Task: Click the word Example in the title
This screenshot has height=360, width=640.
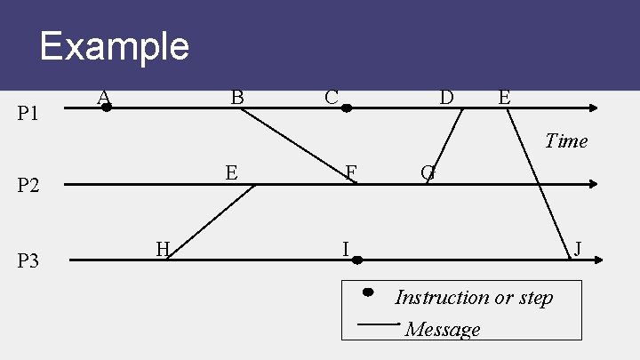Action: [x=114, y=45]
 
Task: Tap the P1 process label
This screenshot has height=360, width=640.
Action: [x=29, y=114]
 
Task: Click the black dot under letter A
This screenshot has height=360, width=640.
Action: [x=107, y=108]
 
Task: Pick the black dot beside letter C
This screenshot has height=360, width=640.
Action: [x=347, y=108]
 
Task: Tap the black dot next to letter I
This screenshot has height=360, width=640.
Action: [x=356, y=260]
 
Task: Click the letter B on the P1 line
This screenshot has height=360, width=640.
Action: [x=237, y=96]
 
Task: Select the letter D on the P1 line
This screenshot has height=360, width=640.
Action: [x=446, y=96]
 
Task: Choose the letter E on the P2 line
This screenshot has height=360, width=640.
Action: [x=231, y=172]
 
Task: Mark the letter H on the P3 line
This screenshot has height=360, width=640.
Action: [x=163, y=249]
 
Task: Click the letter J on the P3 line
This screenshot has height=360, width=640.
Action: [x=578, y=248]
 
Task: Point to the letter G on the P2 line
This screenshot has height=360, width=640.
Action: [x=428, y=172]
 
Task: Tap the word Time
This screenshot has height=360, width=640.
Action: [x=566, y=140]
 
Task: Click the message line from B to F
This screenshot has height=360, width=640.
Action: [x=298, y=146]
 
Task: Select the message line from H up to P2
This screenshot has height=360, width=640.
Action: [x=212, y=222]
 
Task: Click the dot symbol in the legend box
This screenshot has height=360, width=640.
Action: [x=367, y=292]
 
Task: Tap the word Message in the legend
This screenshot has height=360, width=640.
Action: [x=443, y=330]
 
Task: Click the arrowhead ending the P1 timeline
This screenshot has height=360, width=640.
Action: [x=594, y=108]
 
